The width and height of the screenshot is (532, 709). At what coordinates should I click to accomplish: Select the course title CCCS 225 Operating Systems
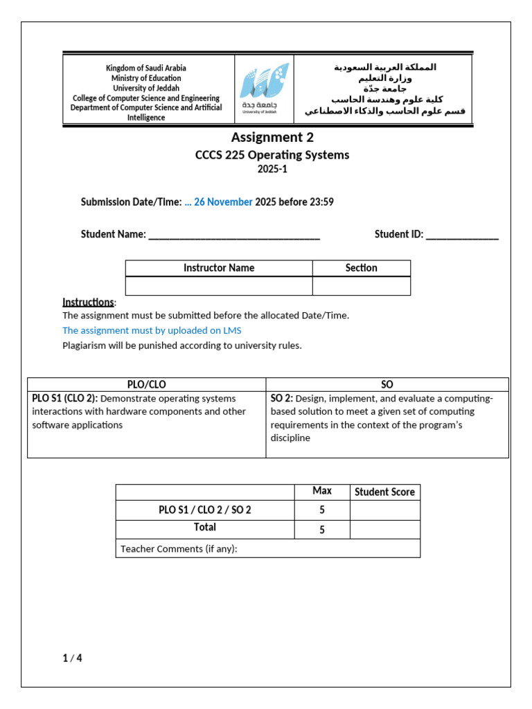pyautogui.click(x=272, y=155)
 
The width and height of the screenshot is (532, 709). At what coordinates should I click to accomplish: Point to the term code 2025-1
pyautogui.click(x=272, y=170)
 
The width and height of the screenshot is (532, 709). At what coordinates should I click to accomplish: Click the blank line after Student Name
pyautogui.click(x=234, y=235)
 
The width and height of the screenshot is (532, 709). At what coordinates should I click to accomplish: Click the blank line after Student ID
pyautogui.click(x=462, y=235)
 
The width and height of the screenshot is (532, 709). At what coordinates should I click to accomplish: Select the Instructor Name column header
pyautogui.click(x=218, y=268)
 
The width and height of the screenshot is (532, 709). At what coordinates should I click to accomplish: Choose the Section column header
pyautogui.click(x=361, y=268)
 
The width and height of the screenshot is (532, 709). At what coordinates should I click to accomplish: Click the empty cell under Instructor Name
pyautogui.click(x=218, y=286)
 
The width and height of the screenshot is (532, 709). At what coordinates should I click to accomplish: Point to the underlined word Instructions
pyautogui.click(x=88, y=302)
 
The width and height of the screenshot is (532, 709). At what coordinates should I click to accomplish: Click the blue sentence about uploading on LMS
pyautogui.click(x=152, y=330)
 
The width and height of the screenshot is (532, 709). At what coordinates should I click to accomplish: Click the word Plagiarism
pyautogui.click(x=86, y=345)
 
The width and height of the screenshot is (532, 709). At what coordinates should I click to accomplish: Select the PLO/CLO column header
pyautogui.click(x=146, y=384)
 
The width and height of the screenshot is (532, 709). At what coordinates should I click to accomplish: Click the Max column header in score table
pyautogui.click(x=321, y=491)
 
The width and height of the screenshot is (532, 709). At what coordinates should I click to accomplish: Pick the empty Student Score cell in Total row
pyautogui.click(x=384, y=530)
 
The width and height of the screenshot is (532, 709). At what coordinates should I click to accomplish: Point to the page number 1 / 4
pyautogui.click(x=72, y=658)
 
